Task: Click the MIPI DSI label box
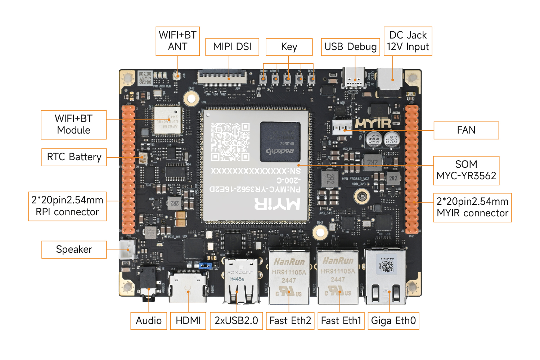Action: pyautogui.click(x=232, y=47)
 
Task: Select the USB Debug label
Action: pyautogui.click(x=350, y=47)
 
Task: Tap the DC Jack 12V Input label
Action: pyautogui.click(x=408, y=41)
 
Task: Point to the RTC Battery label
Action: pyautogui.click(x=74, y=157)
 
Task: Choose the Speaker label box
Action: pyautogui.click(x=74, y=249)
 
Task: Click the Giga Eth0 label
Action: pyautogui.click(x=393, y=321)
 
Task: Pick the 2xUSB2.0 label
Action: pyautogui.click(x=236, y=321)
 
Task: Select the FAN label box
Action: pyautogui.click(x=466, y=130)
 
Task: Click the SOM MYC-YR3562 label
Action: pyautogui.click(x=466, y=170)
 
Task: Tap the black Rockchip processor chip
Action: pyautogui.click(x=280, y=142)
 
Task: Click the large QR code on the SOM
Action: pyautogui.click(x=230, y=141)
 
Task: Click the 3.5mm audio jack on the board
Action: pyautogui.click(x=148, y=284)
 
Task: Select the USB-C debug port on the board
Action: pyautogui.click(x=355, y=78)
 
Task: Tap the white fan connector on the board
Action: pyautogui.click(x=342, y=127)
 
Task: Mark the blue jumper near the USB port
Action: pyautogui.click(x=205, y=266)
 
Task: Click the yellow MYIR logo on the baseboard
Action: pyautogui.click(x=373, y=124)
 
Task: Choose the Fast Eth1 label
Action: pyautogui.click(x=341, y=321)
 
